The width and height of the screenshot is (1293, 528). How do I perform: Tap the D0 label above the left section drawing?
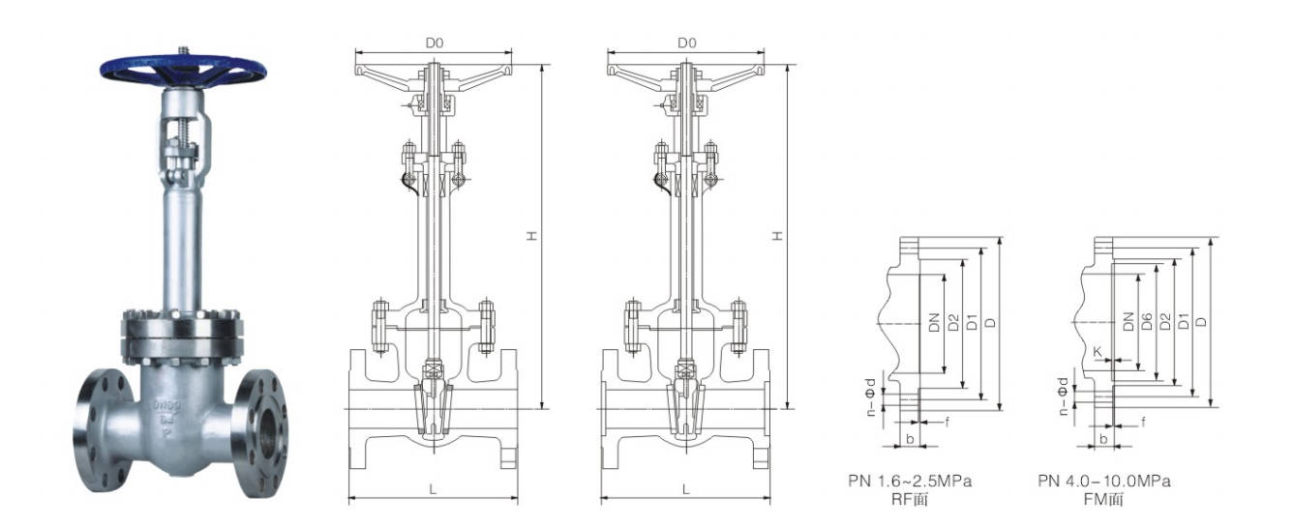(x=435, y=43)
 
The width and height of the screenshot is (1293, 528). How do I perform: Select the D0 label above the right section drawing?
(x=687, y=43)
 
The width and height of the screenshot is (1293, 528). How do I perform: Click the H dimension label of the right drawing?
(x=779, y=235)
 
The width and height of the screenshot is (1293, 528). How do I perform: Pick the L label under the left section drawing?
(x=433, y=490)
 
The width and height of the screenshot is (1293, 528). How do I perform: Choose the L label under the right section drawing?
(x=686, y=490)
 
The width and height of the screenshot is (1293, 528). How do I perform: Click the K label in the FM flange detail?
(x=1098, y=351)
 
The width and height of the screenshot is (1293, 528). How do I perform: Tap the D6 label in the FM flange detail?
(x=1147, y=321)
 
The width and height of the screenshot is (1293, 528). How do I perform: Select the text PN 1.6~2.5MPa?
(x=910, y=482)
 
